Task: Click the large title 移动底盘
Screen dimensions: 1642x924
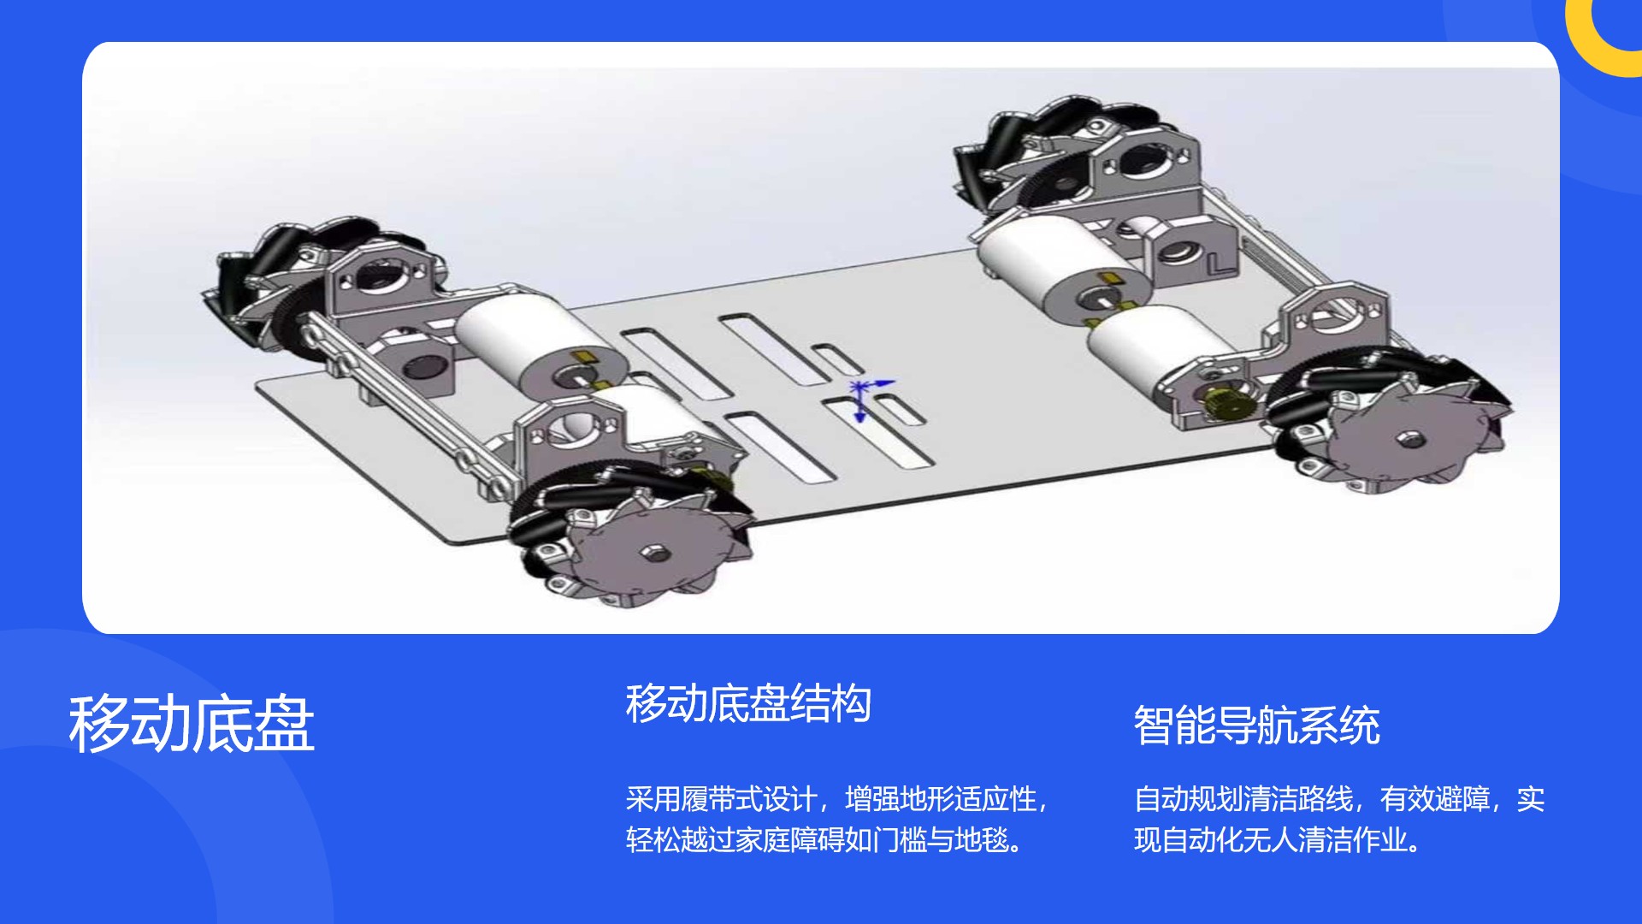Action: coord(192,724)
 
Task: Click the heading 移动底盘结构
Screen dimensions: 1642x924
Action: coord(748,703)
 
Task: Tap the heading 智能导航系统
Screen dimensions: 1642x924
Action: coord(1256,726)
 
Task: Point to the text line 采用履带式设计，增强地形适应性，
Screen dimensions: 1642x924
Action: coord(836,799)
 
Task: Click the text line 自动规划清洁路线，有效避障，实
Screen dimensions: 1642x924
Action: coord(1339,799)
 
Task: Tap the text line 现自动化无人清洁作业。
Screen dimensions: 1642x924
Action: coord(1279,840)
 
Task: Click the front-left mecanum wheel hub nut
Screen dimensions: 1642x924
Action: coord(654,553)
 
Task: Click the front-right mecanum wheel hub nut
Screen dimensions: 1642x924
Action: coord(1409,440)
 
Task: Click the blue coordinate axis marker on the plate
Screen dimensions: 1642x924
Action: coord(865,397)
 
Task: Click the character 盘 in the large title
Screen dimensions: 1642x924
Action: coord(284,724)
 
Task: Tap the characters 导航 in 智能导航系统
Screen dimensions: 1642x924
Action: coord(1256,726)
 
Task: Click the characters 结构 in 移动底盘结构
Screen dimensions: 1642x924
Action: coord(831,703)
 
